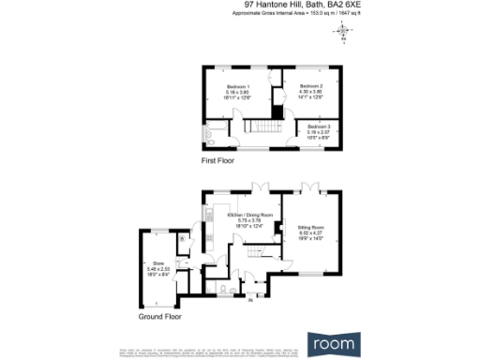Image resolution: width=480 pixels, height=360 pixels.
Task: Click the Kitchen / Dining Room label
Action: pyautogui.click(x=249, y=215)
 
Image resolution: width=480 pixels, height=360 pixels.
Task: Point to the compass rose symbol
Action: pyautogui.click(x=343, y=32)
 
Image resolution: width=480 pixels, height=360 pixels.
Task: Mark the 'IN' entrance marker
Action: pyautogui.click(x=249, y=300)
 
